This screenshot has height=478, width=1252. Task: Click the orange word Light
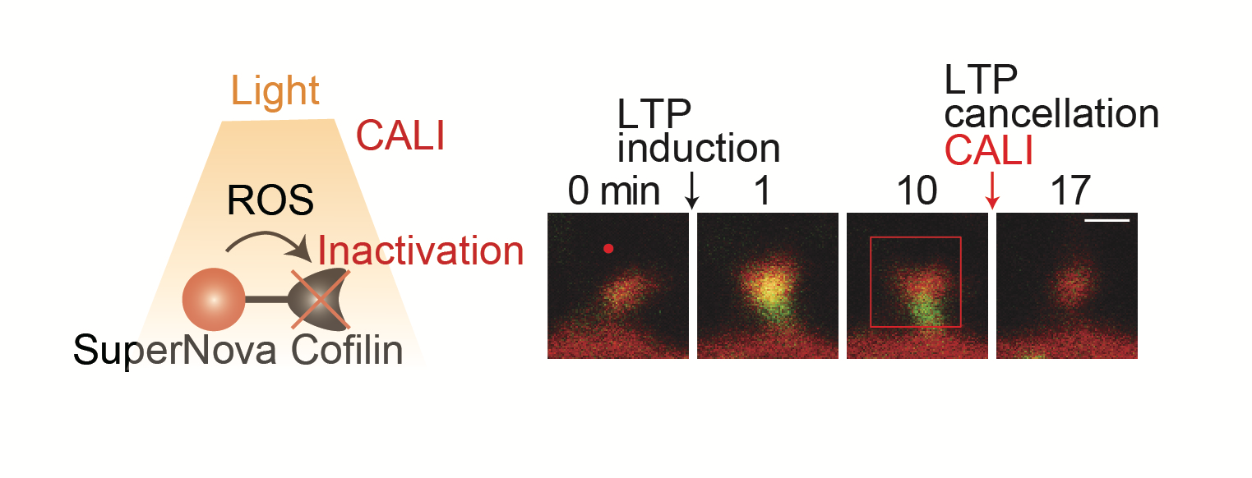[275, 91]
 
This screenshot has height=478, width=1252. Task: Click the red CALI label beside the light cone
[400, 136]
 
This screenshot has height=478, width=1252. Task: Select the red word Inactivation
[420, 250]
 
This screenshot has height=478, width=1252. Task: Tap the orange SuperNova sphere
[214, 299]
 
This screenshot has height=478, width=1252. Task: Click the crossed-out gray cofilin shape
[320, 299]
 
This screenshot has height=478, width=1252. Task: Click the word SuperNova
[174, 351]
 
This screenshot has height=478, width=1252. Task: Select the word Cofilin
[347, 350]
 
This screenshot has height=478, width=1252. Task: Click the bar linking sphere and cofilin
[266, 300]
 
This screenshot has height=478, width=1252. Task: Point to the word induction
[698, 148]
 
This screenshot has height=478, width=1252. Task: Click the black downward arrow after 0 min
[692, 191]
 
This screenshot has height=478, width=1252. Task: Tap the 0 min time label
[613, 191]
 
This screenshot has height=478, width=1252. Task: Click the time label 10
[917, 191]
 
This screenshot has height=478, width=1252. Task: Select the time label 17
[1070, 191]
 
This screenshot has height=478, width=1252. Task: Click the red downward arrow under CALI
[992, 191]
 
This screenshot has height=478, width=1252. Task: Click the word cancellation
[1051, 114]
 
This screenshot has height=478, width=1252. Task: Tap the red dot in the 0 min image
[608, 249]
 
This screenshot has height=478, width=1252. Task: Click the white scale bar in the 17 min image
[1106, 221]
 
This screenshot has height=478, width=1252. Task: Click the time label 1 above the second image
[762, 191]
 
